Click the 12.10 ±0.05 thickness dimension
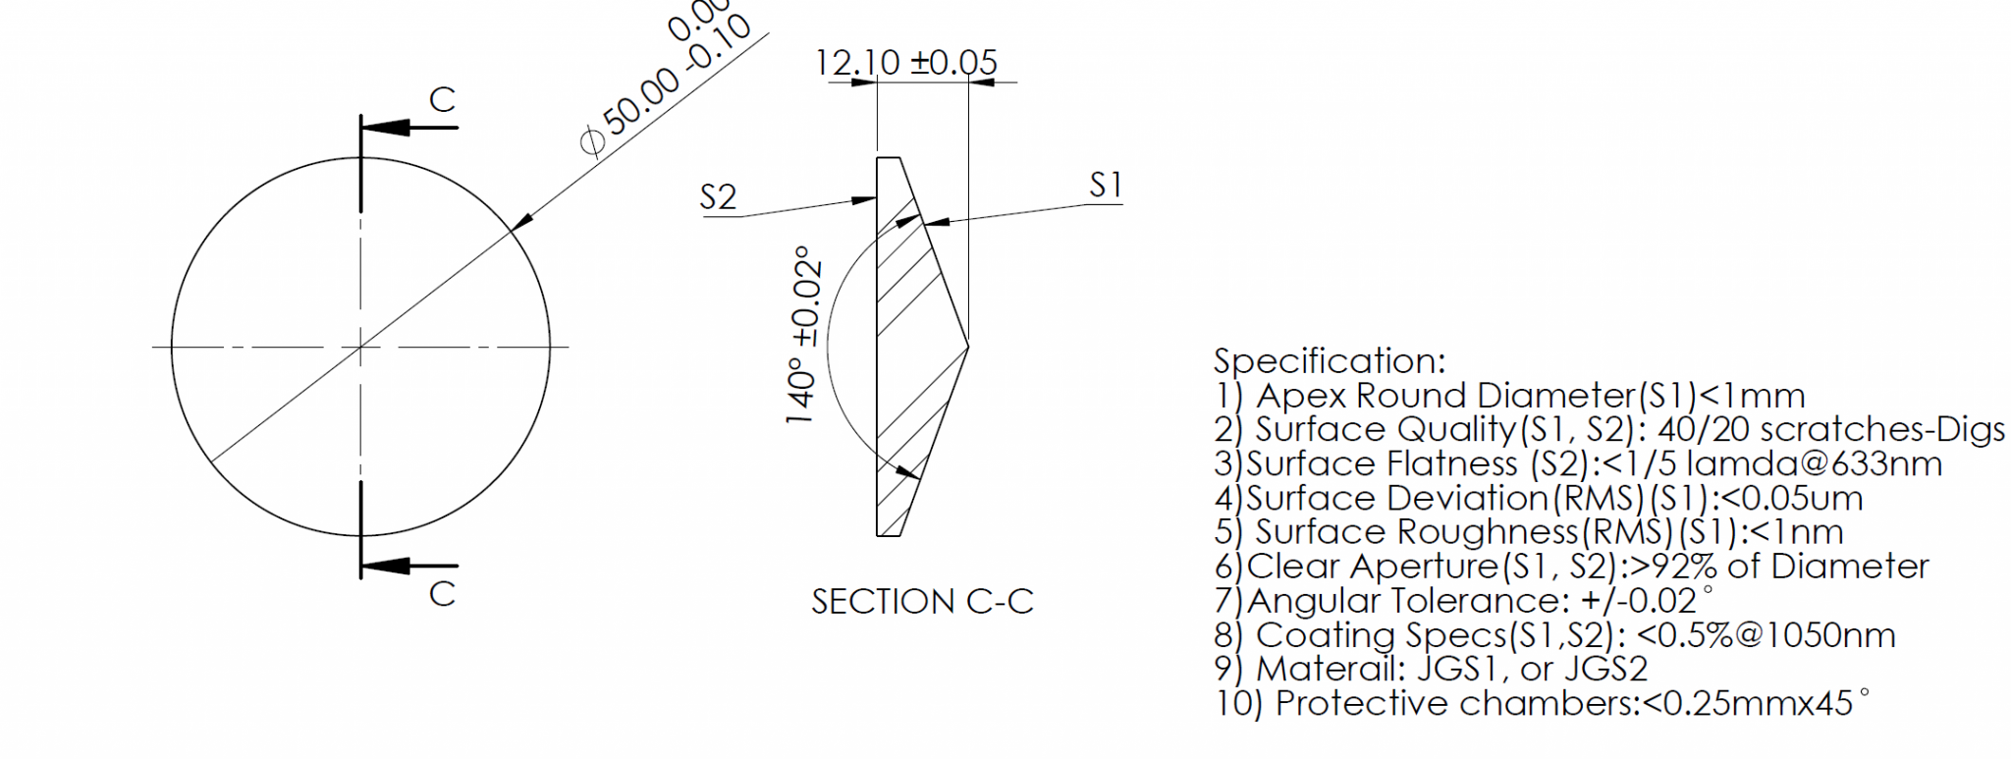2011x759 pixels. [x=905, y=63]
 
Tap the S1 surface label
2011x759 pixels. [x=1106, y=185]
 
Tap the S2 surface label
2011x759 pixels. [x=718, y=197]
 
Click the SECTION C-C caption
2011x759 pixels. [x=922, y=601]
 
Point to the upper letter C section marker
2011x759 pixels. [x=443, y=99]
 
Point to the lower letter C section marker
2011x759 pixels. [x=442, y=593]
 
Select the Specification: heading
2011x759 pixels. [x=1330, y=360]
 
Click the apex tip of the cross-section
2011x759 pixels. [x=968, y=346]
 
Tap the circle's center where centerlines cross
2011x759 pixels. [x=360, y=346]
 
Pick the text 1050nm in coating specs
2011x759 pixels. [x=1830, y=635]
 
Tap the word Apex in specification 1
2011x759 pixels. [x=1302, y=396]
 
